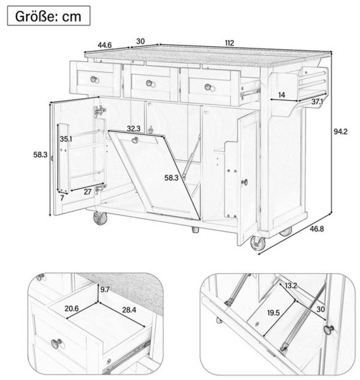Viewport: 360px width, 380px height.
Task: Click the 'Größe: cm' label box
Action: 49,16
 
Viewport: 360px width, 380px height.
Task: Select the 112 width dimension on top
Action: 229,43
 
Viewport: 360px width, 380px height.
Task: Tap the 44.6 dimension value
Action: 104,45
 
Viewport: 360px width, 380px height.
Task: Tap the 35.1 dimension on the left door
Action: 66,139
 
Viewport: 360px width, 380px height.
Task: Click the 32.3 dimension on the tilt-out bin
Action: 133,129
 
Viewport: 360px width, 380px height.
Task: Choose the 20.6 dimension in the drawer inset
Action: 71,310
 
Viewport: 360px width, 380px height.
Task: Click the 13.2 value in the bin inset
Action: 291,286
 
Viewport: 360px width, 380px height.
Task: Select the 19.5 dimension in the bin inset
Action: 273,313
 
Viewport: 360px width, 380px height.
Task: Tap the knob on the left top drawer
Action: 94,79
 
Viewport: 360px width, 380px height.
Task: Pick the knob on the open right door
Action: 245,182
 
